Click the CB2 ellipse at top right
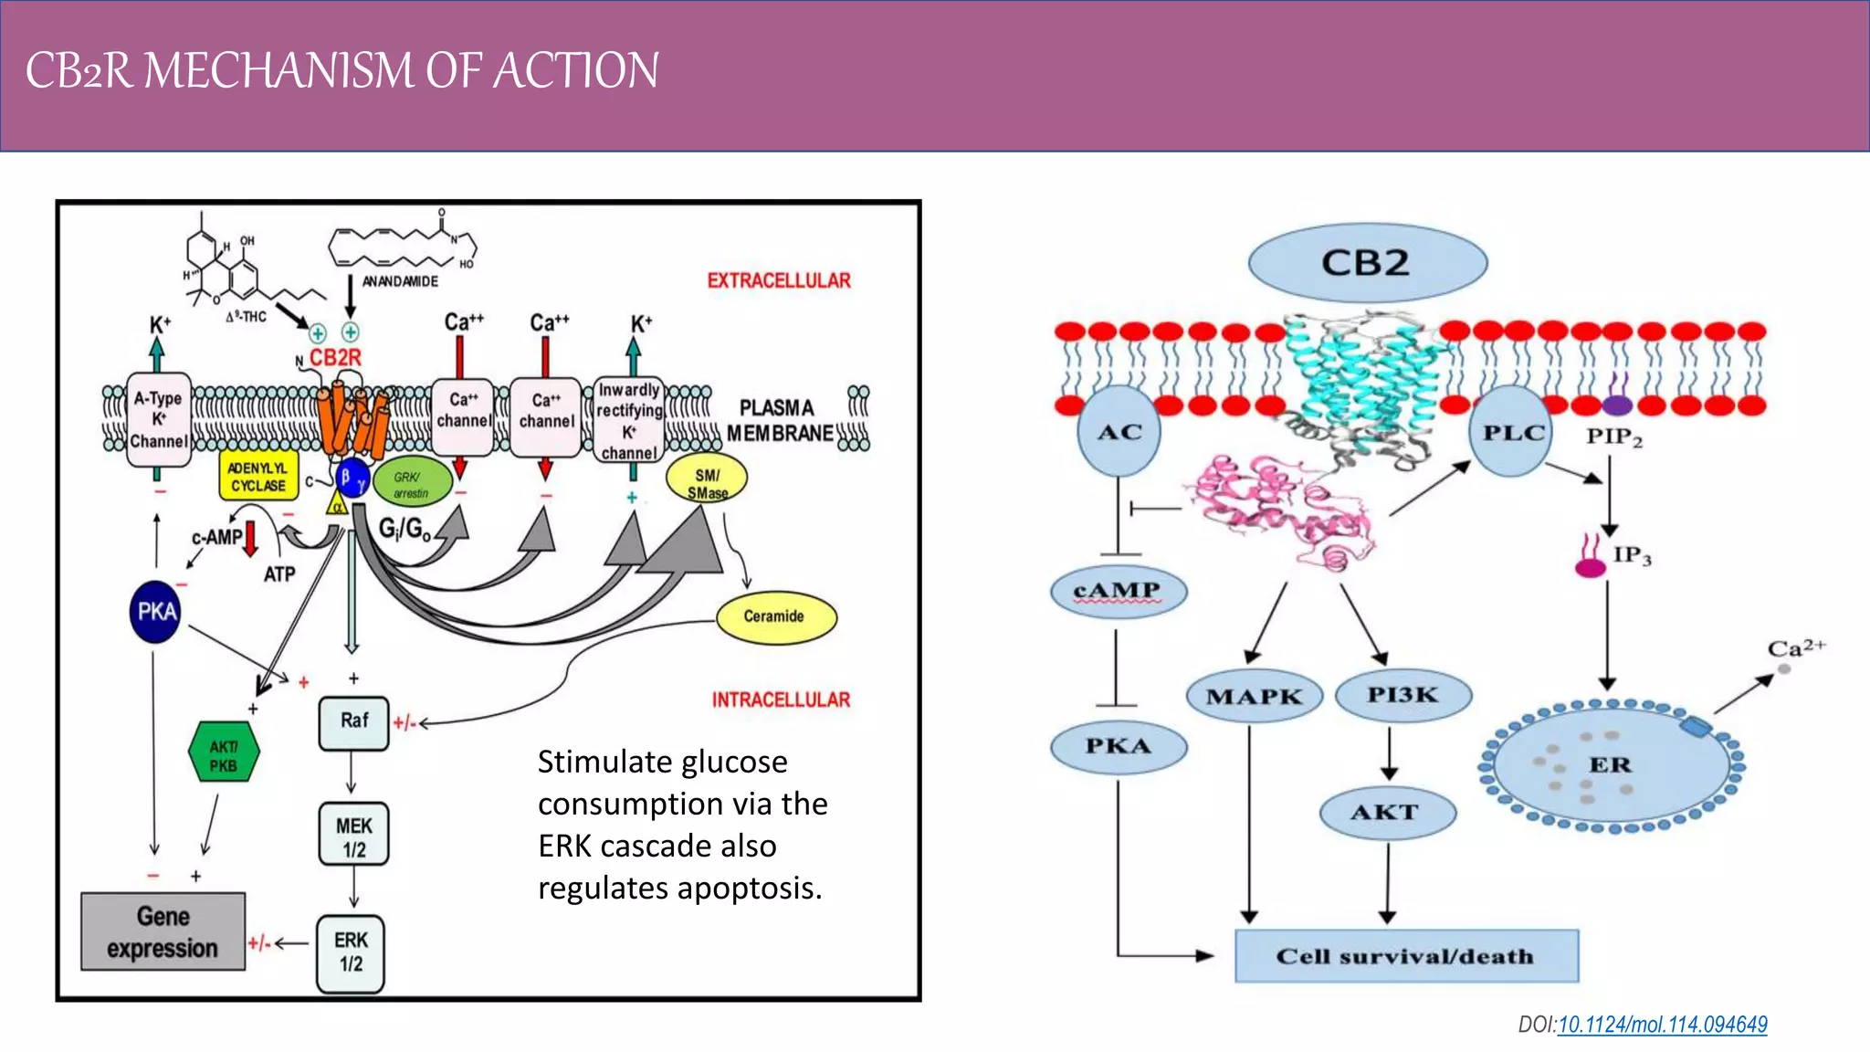coord(1367,263)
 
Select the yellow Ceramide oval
coord(775,616)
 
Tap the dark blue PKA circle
coord(156,612)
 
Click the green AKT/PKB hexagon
coord(224,753)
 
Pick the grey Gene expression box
coord(163,931)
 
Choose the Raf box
coord(353,721)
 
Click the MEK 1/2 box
coord(353,835)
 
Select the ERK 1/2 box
coord(351,953)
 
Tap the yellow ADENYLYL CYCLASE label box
coord(258,477)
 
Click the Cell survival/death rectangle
coord(1406,956)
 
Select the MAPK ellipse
coord(1254,697)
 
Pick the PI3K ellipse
coord(1402,696)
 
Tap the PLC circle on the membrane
coord(1513,432)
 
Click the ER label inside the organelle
coord(1610,765)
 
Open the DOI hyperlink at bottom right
coord(1662,1025)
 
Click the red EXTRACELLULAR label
coord(779,280)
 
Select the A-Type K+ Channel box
coord(159,420)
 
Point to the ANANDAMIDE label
coord(400,281)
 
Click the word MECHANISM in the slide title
coord(278,71)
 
